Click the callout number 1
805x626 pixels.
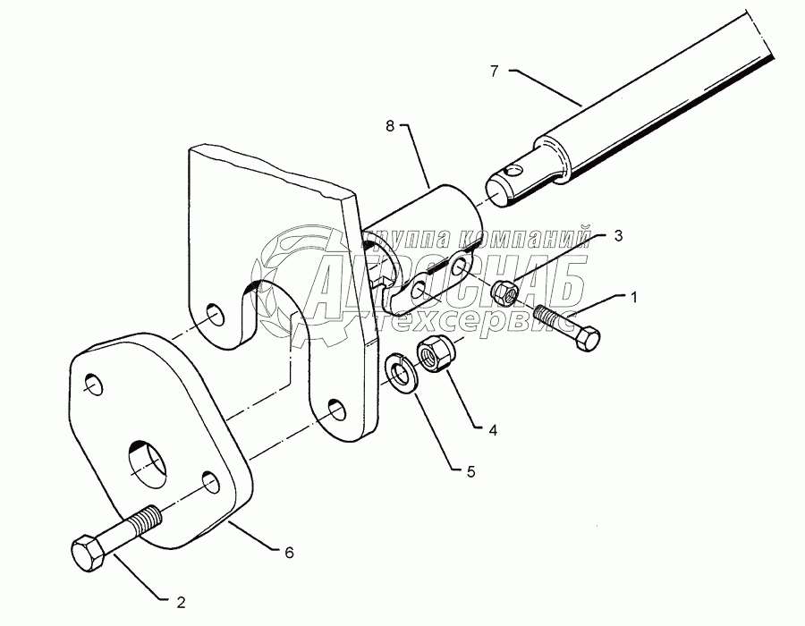click(x=633, y=297)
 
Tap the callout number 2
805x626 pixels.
click(x=181, y=603)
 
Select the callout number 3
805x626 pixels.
click(x=618, y=235)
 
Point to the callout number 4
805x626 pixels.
click(x=493, y=430)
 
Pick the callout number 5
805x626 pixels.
click(x=470, y=471)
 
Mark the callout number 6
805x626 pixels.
click(x=290, y=553)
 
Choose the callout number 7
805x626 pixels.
click(x=495, y=71)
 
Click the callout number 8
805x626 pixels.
click(x=390, y=126)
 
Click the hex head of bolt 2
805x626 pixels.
click(x=89, y=554)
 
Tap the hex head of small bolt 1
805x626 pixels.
click(x=588, y=337)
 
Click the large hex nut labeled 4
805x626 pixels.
click(x=435, y=356)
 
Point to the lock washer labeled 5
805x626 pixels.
click(x=402, y=373)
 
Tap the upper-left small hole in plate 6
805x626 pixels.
click(x=93, y=385)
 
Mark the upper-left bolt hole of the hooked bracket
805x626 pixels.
click(x=215, y=313)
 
